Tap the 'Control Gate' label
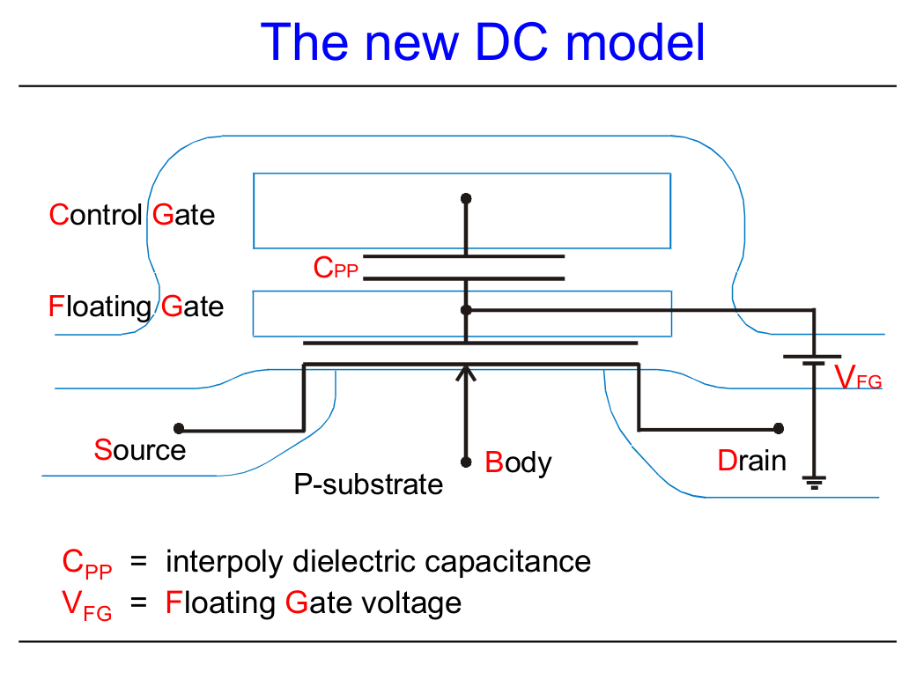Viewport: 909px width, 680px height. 132,215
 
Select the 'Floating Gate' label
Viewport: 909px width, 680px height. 137,307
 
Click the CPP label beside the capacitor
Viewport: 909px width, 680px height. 336,269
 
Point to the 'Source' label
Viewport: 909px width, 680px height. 140,450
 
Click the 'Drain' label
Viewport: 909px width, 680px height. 751,461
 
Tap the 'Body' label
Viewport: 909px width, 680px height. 519,462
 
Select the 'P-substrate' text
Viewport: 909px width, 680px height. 368,484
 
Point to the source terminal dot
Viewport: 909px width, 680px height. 179,429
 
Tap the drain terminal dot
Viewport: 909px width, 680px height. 778,429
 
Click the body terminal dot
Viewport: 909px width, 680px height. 466,462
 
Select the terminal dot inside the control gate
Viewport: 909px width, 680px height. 466,199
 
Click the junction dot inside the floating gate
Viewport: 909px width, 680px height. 466,310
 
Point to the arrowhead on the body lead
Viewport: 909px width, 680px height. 466,372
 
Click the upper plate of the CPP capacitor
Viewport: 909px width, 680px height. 463,256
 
